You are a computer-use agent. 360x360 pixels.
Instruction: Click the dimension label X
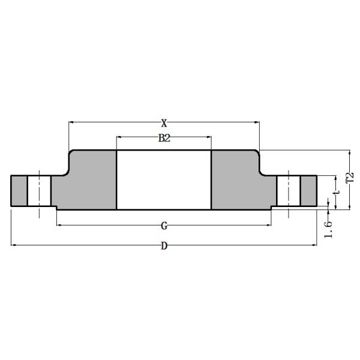tap(164, 123)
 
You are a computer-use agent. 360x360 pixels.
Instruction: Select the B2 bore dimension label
tap(164, 138)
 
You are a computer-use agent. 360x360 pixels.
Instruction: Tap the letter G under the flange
tap(164, 226)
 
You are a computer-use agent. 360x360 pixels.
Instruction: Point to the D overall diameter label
tap(164, 245)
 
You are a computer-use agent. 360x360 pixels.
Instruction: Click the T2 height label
tap(349, 179)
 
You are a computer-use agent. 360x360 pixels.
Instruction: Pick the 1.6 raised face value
tap(328, 228)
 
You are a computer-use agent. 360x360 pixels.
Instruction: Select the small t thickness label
tap(338, 193)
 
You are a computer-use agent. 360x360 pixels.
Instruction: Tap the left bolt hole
tap(39, 191)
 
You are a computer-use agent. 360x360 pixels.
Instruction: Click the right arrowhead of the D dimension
tap(314, 245)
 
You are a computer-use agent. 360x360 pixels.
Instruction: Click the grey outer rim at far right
tap(308, 191)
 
